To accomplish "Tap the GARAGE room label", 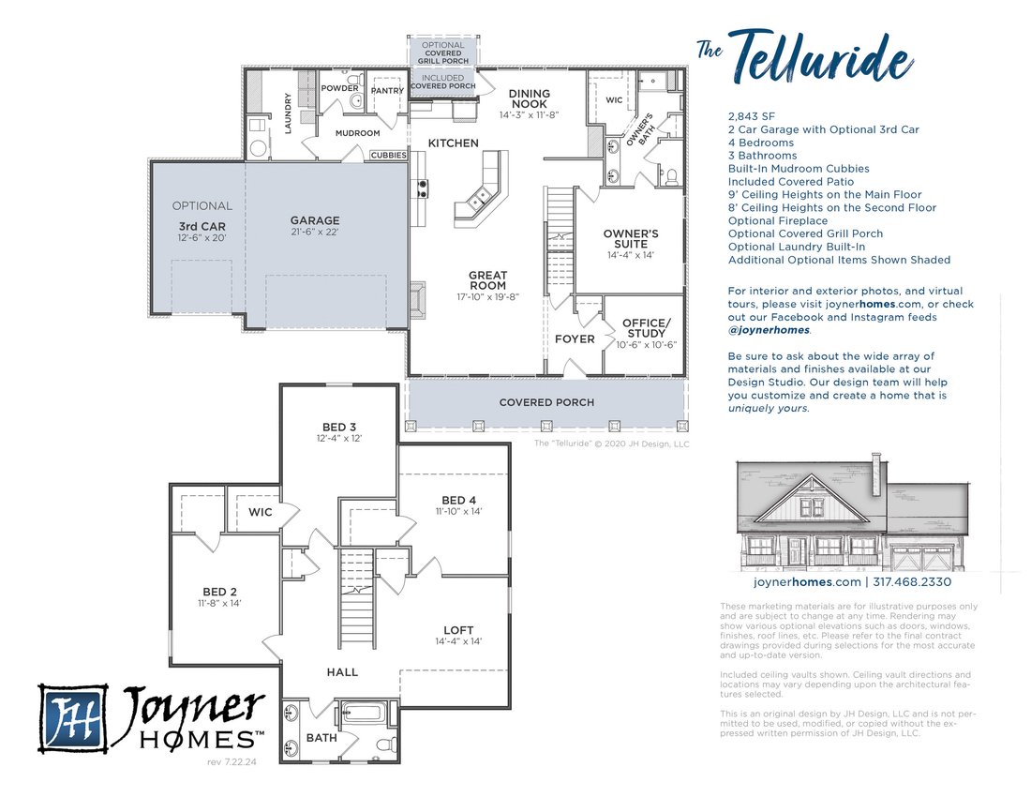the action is pos(315,220).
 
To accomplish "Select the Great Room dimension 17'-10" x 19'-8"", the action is pos(488,296).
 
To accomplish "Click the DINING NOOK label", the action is pos(530,98).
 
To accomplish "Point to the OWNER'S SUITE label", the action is pos(631,239).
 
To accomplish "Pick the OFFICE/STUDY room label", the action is pos(647,328).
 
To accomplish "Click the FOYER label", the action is pos(575,339).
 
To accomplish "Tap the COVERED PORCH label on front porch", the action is pos(546,402).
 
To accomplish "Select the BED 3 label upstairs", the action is pos(339,427).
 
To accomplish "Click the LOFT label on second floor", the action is pos(458,630).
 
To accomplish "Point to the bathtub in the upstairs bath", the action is pos(365,714).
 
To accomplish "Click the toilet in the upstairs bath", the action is pos(386,744).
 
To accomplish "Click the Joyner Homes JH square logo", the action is pos(73,717).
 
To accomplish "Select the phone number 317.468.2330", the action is pos(912,582).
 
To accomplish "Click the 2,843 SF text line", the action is pos(752,116).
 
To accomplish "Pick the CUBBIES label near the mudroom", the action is pos(389,156).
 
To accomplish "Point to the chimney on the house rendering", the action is pos(876,474).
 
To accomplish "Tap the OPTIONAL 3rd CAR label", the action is pos(202,221).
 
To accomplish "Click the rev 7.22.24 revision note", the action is pos(232,762).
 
